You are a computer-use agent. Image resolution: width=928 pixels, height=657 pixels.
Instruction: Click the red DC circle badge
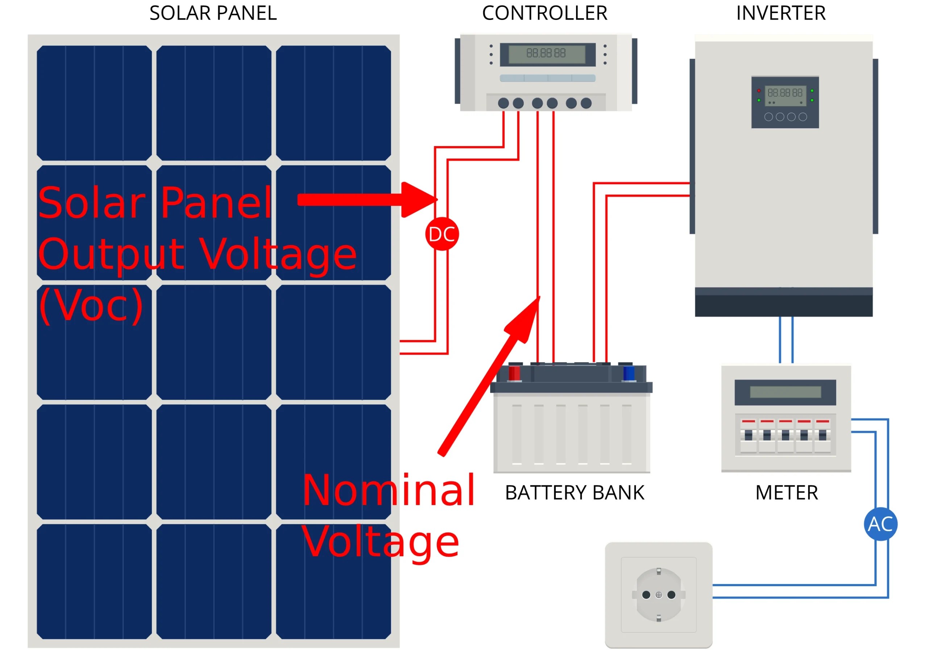(x=442, y=234)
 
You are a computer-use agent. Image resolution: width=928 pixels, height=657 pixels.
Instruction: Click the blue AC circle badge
(x=880, y=524)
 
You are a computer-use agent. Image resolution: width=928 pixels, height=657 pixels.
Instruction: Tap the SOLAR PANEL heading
(x=213, y=13)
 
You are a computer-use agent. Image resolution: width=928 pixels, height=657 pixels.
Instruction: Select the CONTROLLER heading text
(x=545, y=13)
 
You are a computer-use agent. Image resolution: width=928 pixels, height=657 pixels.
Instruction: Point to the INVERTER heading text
(x=780, y=13)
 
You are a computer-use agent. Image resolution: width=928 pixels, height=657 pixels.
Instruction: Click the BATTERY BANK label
(x=575, y=493)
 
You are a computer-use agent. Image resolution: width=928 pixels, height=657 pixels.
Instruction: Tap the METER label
(x=787, y=493)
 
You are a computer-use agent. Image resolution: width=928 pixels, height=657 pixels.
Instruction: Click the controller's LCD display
(x=546, y=54)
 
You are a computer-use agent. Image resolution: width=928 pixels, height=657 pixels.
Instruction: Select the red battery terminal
(x=514, y=373)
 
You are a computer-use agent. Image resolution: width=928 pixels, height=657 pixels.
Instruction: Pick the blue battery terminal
(x=629, y=373)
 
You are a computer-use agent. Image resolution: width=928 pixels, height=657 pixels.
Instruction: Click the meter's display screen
(x=785, y=392)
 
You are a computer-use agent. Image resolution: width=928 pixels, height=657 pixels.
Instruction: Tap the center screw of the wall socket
(x=659, y=595)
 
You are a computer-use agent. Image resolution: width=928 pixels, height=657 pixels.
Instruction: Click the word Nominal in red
(x=388, y=490)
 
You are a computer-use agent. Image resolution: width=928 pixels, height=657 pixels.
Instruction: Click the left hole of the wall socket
(x=646, y=595)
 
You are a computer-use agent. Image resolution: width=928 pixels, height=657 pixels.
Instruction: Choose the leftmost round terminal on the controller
(x=504, y=103)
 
